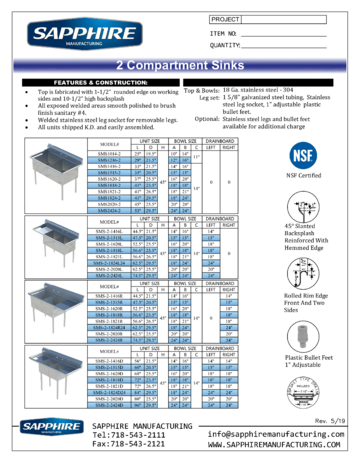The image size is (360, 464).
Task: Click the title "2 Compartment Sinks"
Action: click(x=180, y=66)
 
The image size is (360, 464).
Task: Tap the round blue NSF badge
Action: click(x=303, y=156)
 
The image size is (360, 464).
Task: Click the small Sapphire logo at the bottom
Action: click(x=51, y=427)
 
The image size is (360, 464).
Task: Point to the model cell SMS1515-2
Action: click(x=106, y=172)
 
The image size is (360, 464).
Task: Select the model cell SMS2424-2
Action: click(x=106, y=211)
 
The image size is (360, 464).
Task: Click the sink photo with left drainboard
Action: click(x=57, y=243)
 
